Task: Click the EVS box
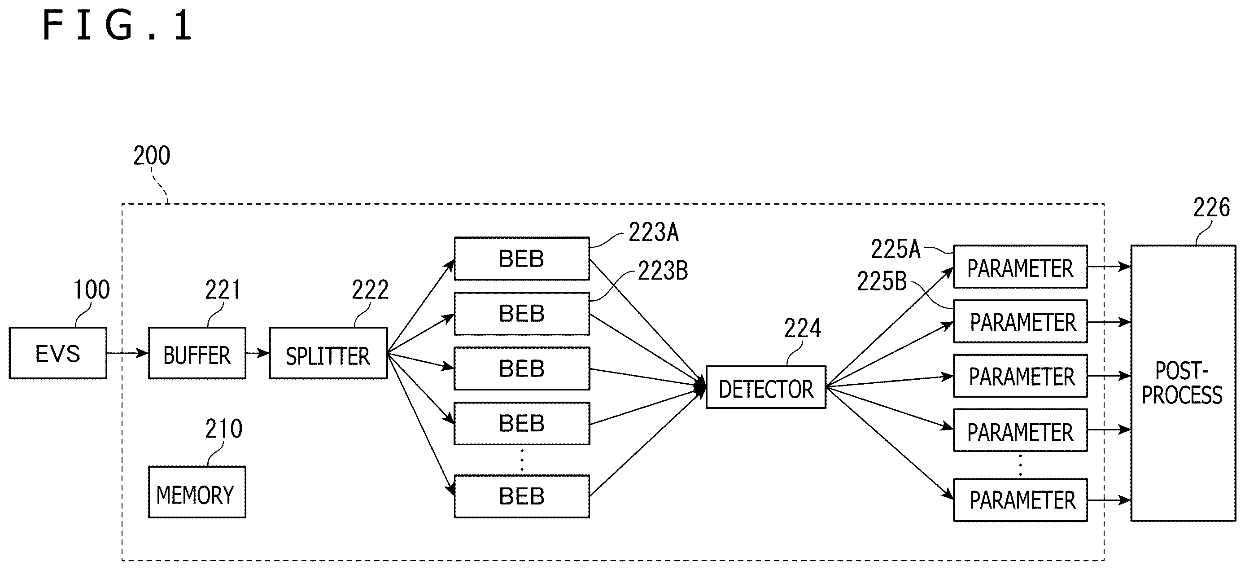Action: [x=58, y=353]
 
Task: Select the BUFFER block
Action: [x=197, y=353]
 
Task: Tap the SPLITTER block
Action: [x=328, y=353]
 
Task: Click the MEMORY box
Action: [x=197, y=492]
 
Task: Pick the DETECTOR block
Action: [x=766, y=387]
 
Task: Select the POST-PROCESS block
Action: [x=1183, y=383]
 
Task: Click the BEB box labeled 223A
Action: [x=522, y=259]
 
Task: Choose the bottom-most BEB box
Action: [x=522, y=496]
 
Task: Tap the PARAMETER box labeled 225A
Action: [x=1020, y=267]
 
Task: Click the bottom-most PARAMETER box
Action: [x=1020, y=500]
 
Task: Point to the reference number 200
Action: [x=152, y=156]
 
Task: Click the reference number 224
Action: [x=802, y=328]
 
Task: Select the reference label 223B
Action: [x=663, y=271]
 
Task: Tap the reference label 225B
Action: [x=882, y=281]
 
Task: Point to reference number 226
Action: [x=1212, y=208]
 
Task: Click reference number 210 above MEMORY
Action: [x=224, y=429]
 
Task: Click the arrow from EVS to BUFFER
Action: [x=127, y=353]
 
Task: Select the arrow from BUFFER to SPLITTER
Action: [x=258, y=353]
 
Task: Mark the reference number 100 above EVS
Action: [x=92, y=290]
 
